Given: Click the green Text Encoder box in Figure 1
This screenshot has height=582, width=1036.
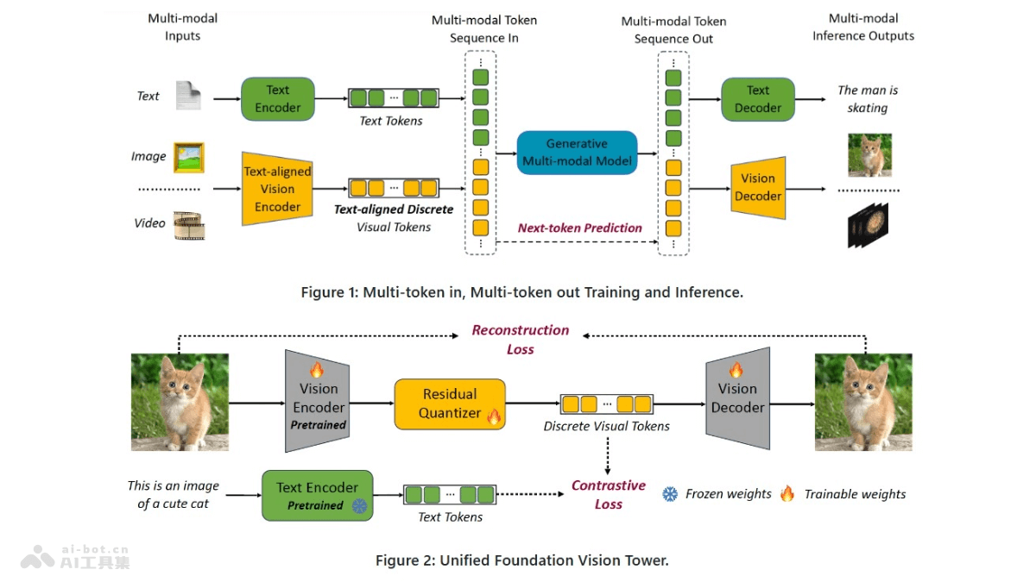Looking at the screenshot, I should point(277,99).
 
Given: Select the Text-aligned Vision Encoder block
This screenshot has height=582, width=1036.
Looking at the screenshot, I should point(277,189).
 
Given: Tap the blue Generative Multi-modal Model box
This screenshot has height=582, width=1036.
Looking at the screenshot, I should point(577,153).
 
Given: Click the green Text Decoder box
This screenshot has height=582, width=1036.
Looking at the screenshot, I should point(757,99).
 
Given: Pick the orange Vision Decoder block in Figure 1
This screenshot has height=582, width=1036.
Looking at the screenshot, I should point(757,187).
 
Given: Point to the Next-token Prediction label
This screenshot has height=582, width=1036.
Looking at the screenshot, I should point(579,228).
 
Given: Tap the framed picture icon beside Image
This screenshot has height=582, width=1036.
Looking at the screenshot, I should point(188,157).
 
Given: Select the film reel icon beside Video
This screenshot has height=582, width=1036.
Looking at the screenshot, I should point(188,224).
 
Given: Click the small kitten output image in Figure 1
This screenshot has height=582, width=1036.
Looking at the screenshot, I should point(869,155).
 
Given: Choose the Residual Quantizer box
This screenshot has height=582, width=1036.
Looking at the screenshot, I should point(449,404).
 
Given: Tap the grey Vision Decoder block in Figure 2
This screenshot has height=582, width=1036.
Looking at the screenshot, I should point(737,397).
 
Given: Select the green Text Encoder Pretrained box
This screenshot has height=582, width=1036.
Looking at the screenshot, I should point(317,496).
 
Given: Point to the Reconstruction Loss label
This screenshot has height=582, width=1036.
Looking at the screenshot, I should point(520,340).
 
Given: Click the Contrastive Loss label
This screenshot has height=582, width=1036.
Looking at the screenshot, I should point(608,495).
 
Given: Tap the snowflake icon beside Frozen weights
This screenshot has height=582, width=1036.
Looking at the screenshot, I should point(670,494).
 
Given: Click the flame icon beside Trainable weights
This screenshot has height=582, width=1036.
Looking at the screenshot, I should point(786,493).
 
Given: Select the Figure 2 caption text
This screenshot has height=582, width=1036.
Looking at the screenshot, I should point(521,560).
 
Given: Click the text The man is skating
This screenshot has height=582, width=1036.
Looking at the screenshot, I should point(868,99).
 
